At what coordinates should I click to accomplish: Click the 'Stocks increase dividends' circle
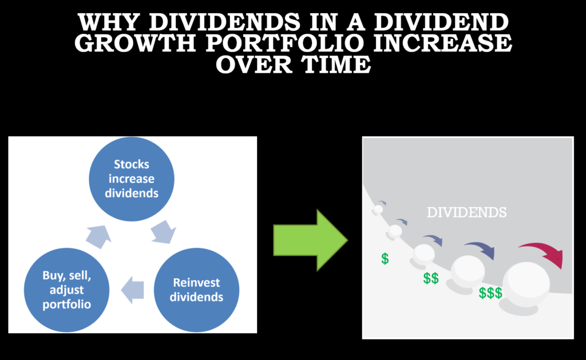132,179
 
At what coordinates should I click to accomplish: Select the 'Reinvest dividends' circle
197,290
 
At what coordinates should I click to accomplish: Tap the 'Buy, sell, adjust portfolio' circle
66,290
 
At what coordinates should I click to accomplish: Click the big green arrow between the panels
310,240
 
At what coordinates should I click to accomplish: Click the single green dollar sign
385,258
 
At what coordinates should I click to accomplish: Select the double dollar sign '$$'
431,278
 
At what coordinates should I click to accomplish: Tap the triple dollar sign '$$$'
490,293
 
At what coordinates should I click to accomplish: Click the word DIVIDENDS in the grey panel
467,212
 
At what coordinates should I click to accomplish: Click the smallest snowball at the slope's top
378,209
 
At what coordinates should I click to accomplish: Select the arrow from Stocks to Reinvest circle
164,232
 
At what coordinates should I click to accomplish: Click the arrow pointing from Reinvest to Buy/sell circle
133,290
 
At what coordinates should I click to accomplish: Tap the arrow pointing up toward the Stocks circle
98,236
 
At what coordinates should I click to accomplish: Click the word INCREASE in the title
442,42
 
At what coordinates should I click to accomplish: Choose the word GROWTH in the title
135,42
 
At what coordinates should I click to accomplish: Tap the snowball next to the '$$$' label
468,271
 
